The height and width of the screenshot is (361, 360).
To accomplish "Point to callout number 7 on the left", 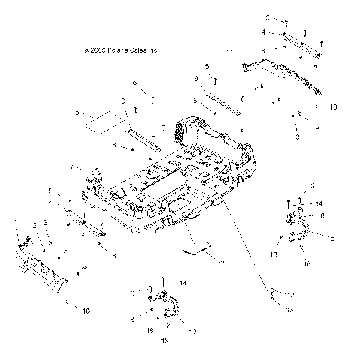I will coord(72,166).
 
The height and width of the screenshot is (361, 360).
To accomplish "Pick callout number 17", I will coord(221,263).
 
